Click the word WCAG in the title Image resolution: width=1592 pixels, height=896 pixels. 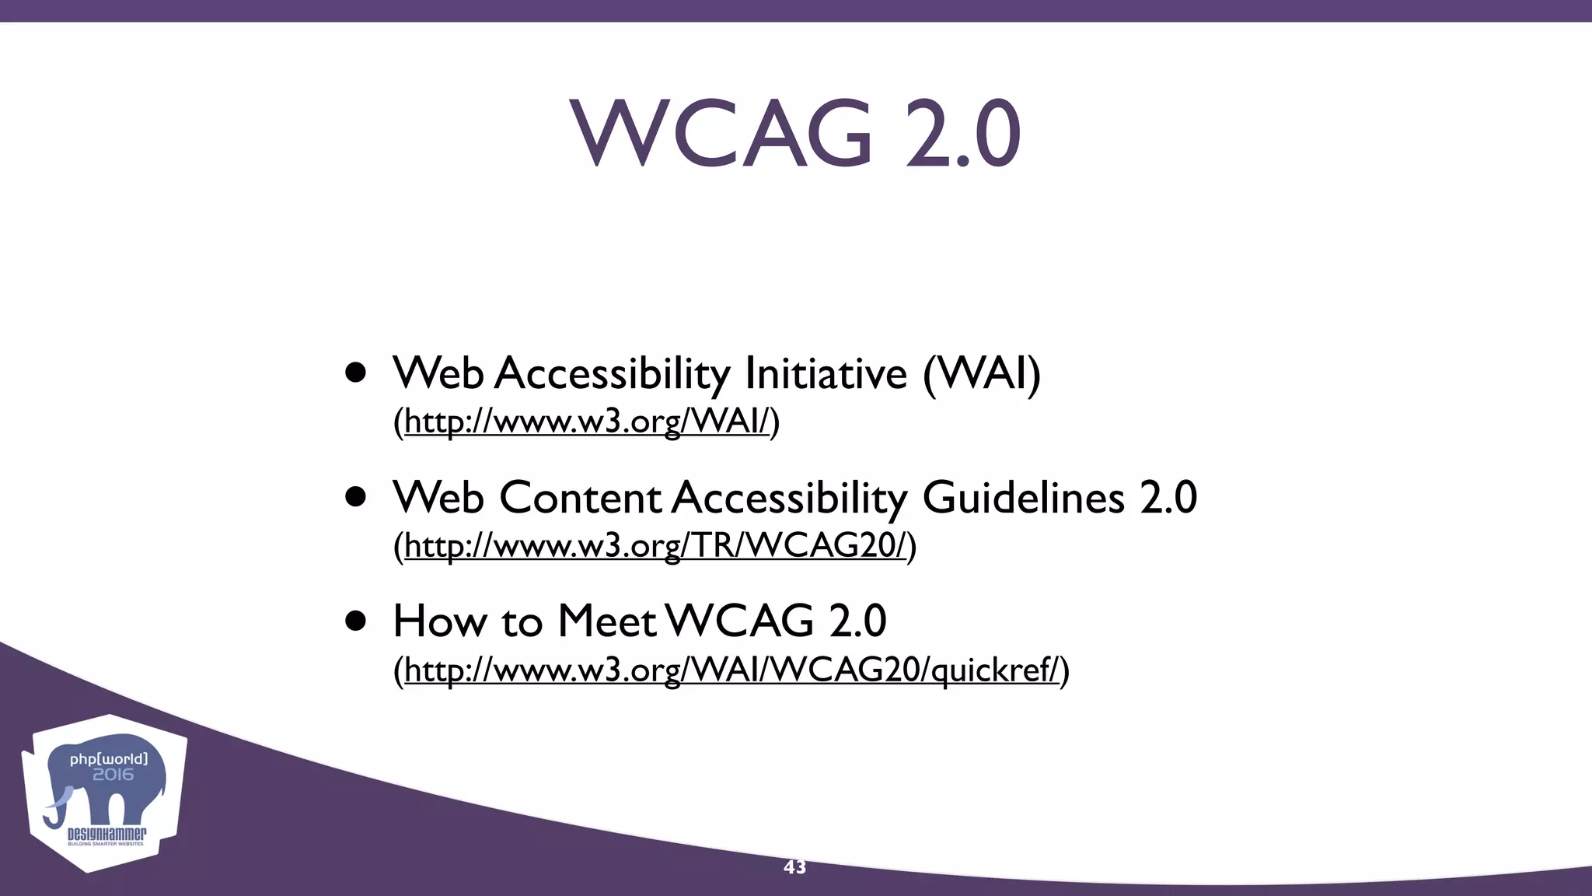click(721, 134)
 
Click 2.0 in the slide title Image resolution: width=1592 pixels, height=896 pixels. click(962, 134)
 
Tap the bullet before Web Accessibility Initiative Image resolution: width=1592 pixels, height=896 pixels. click(356, 373)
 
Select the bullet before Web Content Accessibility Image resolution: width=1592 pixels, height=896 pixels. click(356, 497)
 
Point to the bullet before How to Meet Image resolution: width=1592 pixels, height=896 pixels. click(356, 621)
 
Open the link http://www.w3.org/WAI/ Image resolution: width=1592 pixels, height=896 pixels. click(586, 422)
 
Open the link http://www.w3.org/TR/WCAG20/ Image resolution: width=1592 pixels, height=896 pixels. click(655, 546)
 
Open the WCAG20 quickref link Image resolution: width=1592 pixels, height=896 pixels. click(731, 670)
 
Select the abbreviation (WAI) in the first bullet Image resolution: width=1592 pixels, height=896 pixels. click(981, 374)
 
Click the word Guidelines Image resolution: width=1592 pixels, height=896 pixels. click(1023, 497)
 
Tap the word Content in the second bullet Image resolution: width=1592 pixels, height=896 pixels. click(580, 497)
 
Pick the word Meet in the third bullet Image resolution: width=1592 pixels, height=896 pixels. click(606, 621)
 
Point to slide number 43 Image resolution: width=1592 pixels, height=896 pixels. click(794, 867)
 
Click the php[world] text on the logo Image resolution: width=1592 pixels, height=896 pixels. click(109, 758)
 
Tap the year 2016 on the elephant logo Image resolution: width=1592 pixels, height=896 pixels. click(113, 775)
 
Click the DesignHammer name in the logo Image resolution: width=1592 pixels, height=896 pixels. click(106, 835)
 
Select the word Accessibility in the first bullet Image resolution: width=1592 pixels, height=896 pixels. click(612, 374)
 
